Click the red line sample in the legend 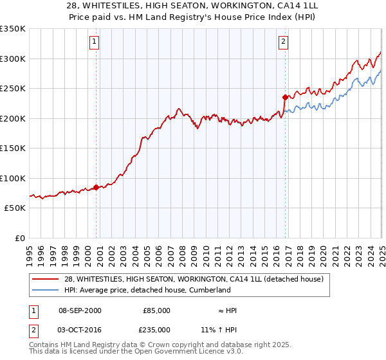pyautogui.click(x=46, y=279)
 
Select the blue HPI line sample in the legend pyautogui.click(x=46, y=290)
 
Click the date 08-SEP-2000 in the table pyautogui.click(x=80, y=310)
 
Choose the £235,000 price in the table pyautogui.click(x=156, y=329)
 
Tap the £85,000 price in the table pyautogui.click(x=156, y=310)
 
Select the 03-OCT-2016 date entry pyautogui.click(x=80, y=329)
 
